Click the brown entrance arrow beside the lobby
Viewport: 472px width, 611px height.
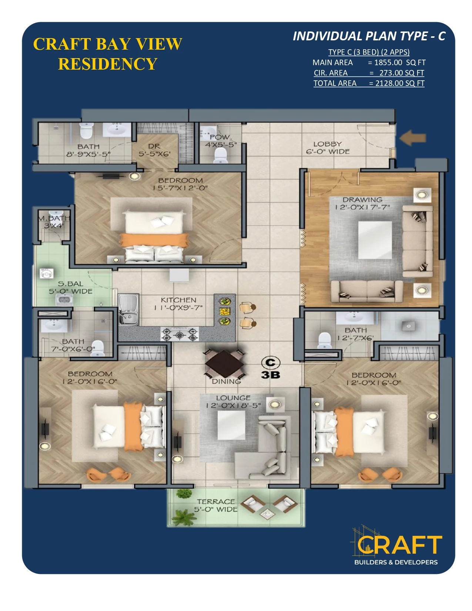412,138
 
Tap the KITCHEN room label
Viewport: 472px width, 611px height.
178,300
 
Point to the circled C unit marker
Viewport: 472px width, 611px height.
271,363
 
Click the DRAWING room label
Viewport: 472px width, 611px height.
362,200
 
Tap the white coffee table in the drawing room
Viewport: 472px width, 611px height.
375,240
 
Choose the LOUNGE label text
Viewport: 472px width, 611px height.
233,398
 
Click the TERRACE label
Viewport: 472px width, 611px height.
215,501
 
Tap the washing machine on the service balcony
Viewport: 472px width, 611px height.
46,273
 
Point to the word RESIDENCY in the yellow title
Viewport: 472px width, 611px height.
107,64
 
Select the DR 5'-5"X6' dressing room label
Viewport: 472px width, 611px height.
154,150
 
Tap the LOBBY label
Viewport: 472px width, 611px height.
328,144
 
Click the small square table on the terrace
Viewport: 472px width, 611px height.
267,514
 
